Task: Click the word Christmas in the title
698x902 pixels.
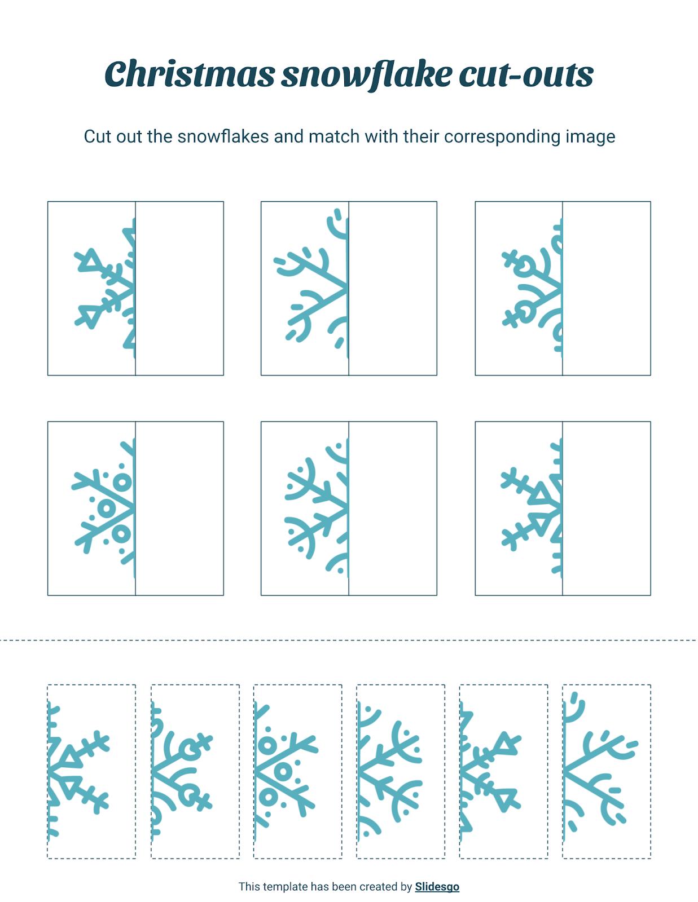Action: tap(190, 74)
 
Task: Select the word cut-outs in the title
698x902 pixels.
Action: tap(526, 74)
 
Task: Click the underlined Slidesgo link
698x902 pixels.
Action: tap(437, 886)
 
